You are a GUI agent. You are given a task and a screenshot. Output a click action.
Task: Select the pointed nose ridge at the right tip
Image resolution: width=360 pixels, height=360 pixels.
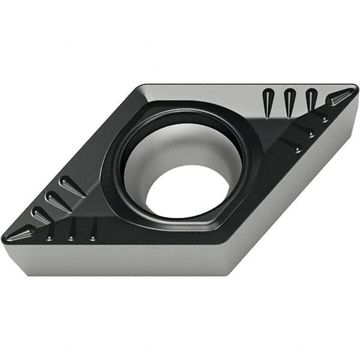[x=339, y=97]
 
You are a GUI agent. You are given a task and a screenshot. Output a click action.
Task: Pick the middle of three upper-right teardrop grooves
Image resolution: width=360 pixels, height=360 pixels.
[x=289, y=99]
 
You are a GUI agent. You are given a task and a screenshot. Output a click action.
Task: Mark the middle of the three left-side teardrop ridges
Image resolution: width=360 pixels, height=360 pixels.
[x=58, y=200]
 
